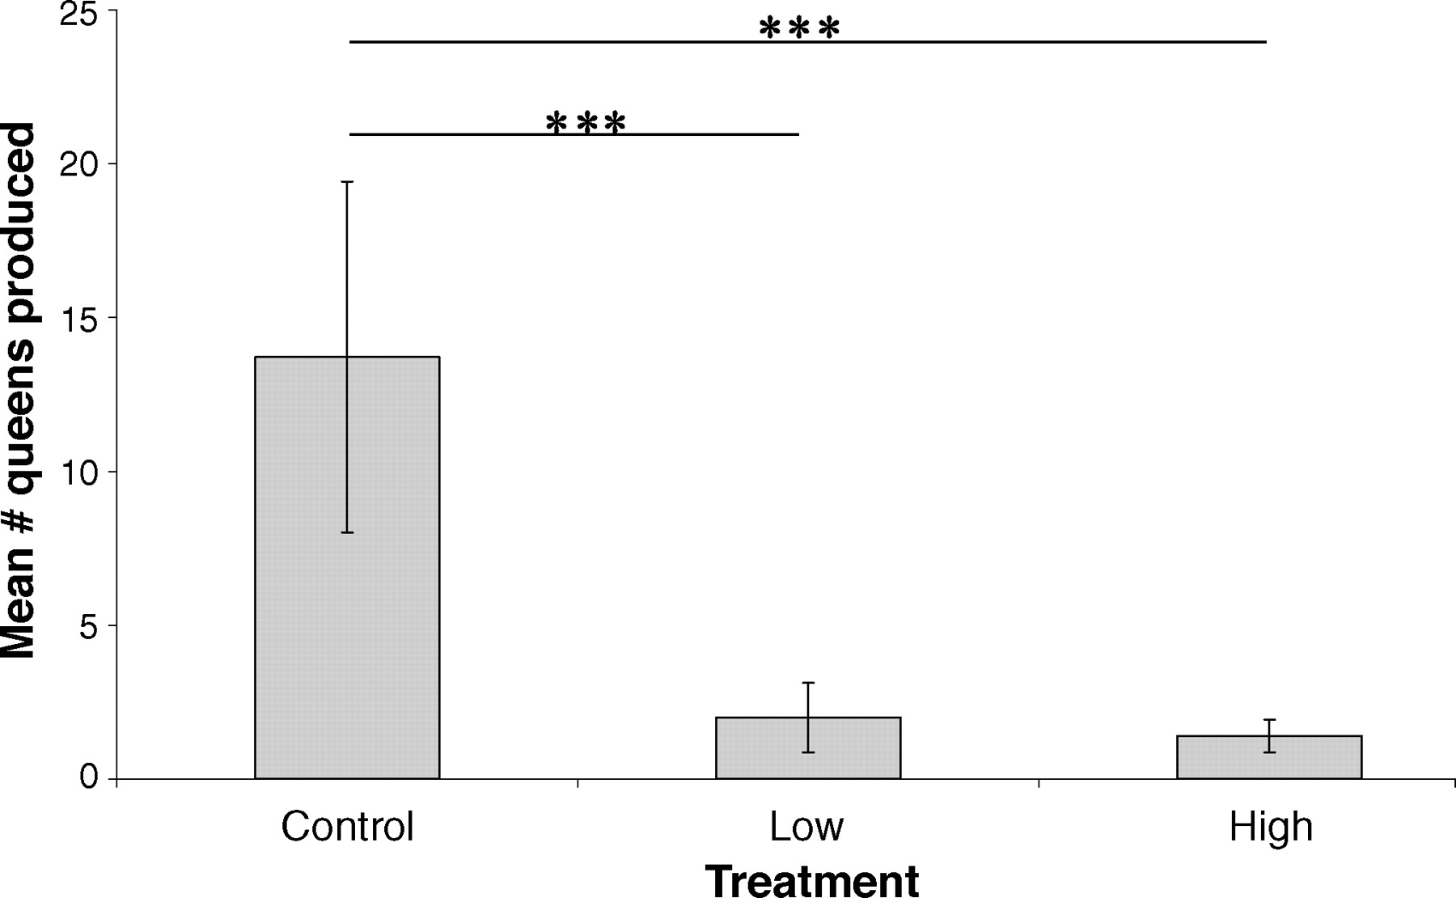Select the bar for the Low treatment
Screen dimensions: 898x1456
pyautogui.click(x=808, y=748)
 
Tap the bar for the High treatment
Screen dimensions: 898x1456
pyautogui.click(x=1269, y=757)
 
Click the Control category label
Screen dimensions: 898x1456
pyautogui.click(x=347, y=827)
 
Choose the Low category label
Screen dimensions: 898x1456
pyautogui.click(x=806, y=827)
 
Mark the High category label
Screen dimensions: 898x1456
pyautogui.click(x=1270, y=827)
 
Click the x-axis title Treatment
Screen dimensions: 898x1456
pyautogui.click(x=812, y=880)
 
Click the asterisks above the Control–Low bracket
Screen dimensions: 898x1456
pyautogui.click(x=586, y=125)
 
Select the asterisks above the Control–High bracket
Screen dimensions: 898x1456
pyautogui.click(x=799, y=30)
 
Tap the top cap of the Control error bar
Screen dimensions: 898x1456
pyautogui.click(x=347, y=182)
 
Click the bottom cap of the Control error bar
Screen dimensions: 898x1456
pyautogui.click(x=347, y=532)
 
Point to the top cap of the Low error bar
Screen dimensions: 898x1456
pyautogui.click(x=808, y=683)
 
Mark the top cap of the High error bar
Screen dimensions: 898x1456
pyautogui.click(x=1270, y=719)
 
